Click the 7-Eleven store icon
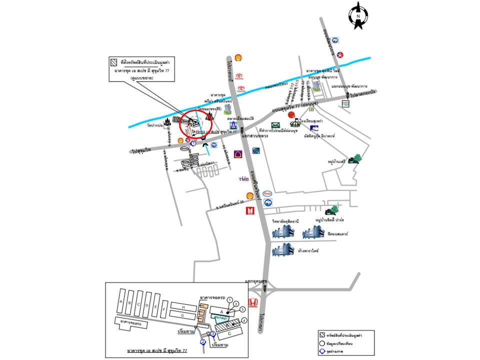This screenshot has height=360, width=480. tap(311, 106)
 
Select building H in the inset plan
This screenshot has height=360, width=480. tap(183, 306)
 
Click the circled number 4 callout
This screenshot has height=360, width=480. tap(244, 320)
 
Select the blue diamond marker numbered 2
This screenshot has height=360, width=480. tap(202, 342)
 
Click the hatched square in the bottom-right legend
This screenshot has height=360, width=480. tap(322, 334)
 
